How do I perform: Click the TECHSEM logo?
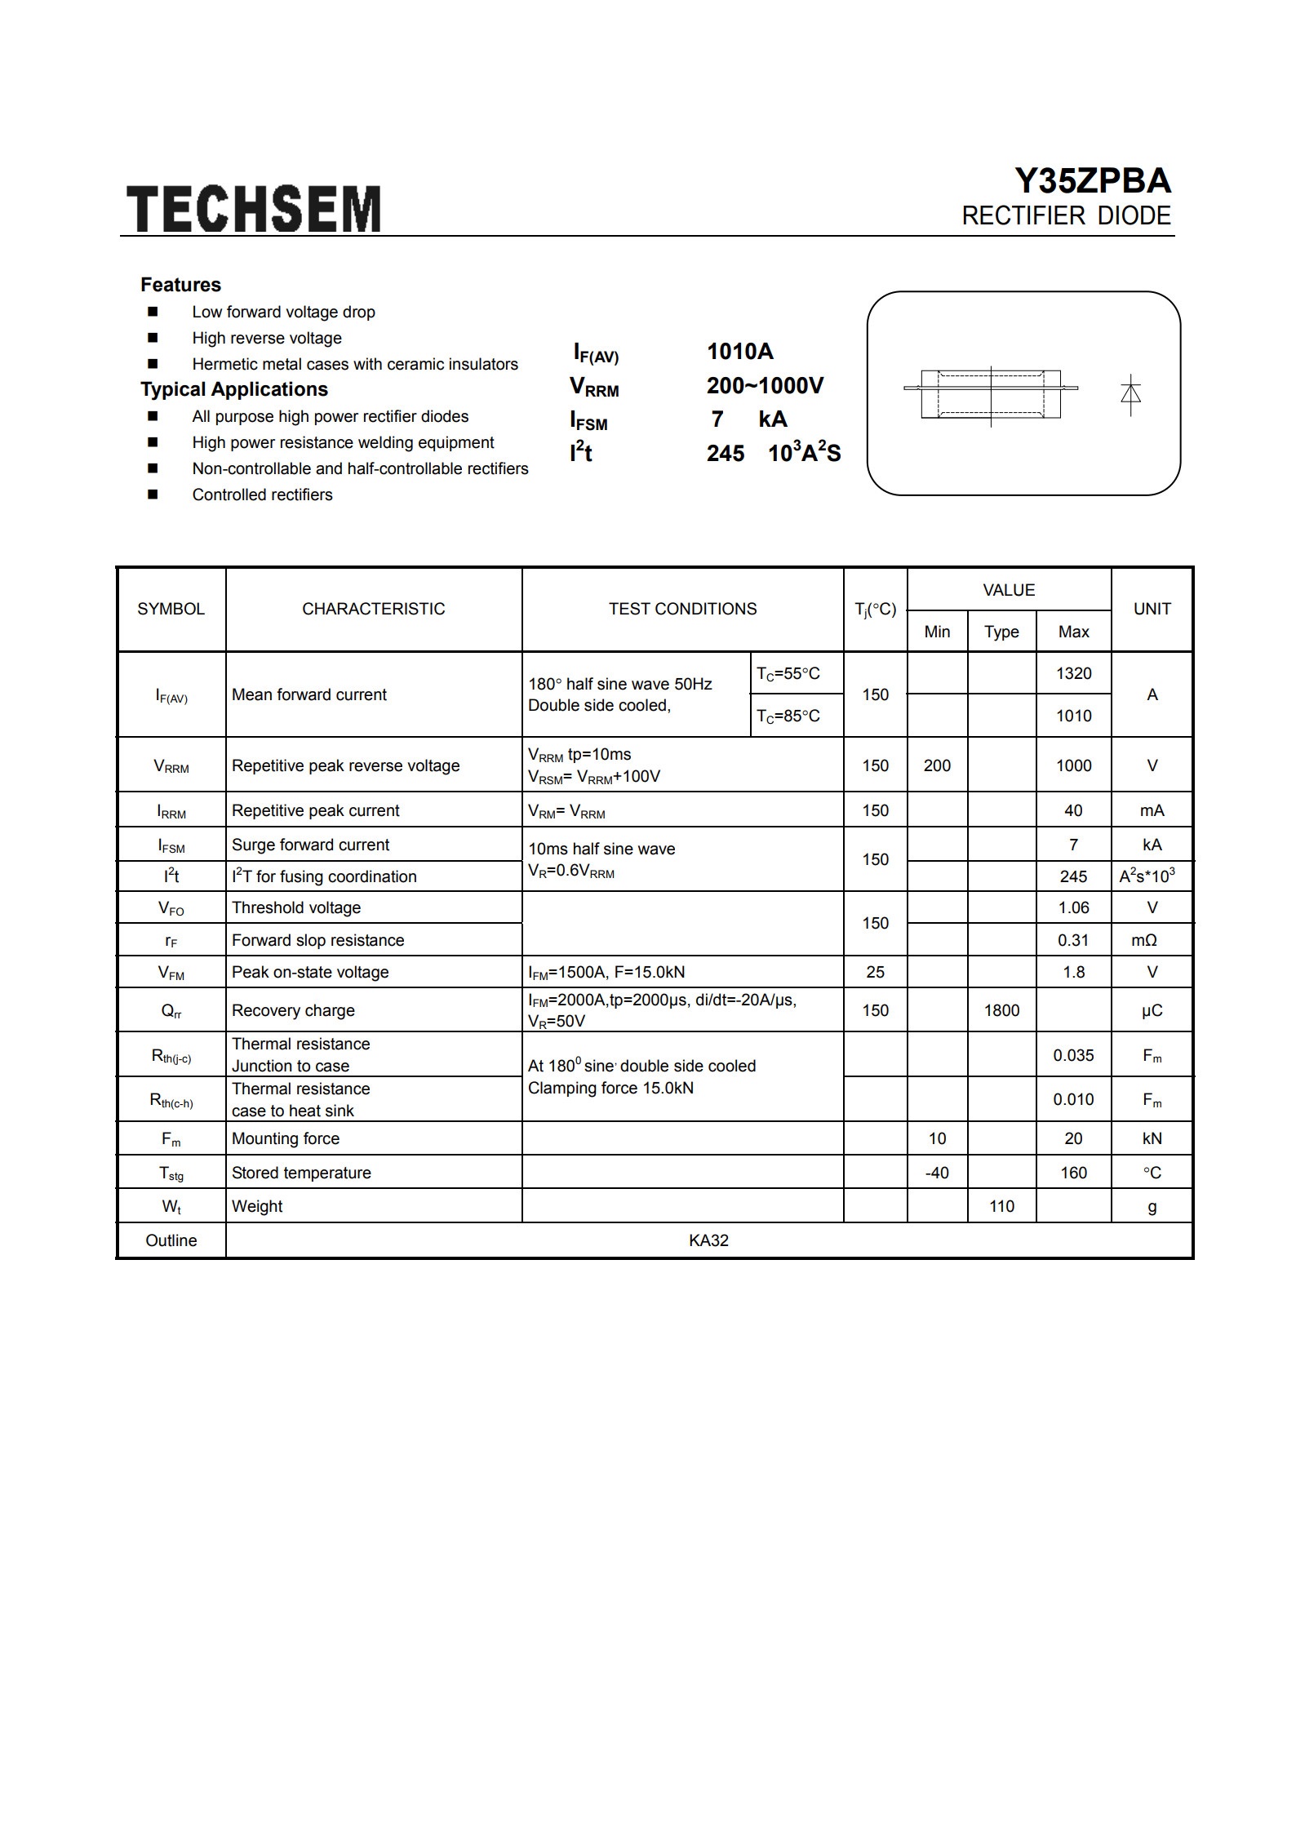tap(253, 209)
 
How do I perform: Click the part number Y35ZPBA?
tap(1092, 181)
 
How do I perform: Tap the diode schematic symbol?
tap(1130, 394)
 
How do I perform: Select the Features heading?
tap(180, 285)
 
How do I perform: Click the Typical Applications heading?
tap(234, 389)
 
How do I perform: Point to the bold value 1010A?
tap(739, 352)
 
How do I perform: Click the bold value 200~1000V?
tap(765, 385)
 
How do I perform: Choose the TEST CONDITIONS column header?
tap(682, 609)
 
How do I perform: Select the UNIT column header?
tap(1152, 609)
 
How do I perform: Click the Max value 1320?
tap(1073, 673)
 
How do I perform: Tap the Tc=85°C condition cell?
tap(788, 716)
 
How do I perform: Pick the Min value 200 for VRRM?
tap(937, 765)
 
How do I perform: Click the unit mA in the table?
tap(1152, 810)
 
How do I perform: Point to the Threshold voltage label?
tap(296, 907)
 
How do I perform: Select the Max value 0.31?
tap(1073, 940)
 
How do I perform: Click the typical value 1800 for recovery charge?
tap(1001, 1010)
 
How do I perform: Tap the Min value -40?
tap(937, 1173)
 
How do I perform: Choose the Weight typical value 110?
tap(1001, 1206)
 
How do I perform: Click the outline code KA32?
tap(708, 1240)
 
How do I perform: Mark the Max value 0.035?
tap(1073, 1055)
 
